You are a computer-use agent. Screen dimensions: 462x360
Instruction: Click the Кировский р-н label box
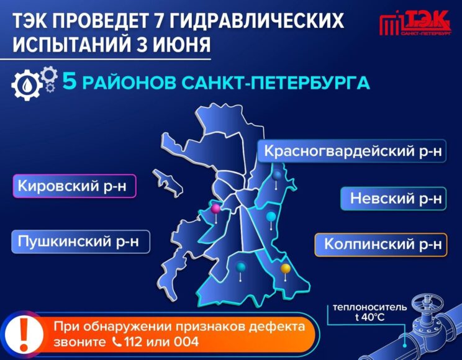pyautogui.click(x=75, y=186)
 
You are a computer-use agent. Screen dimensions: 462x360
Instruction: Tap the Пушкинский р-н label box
pyautogui.click(x=81, y=242)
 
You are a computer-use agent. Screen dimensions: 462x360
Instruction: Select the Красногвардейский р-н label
pyautogui.click(x=352, y=151)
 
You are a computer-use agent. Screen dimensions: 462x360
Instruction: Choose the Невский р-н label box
pyautogui.click(x=393, y=198)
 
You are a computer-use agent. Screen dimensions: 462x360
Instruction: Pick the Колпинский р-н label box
pyautogui.click(x=381, y=245)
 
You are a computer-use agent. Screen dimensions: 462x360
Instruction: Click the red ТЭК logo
pyautogui.click(x=415, y=23)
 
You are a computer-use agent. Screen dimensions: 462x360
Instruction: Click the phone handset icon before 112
pyautogui.click(x=117, y=342)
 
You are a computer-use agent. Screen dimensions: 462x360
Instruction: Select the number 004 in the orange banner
pyautogui.click(x=186, y=342)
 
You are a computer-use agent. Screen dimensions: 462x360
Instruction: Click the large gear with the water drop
pyautogui.click(x=27, y=85)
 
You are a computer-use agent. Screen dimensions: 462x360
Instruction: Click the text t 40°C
pyautogui.click(x=369, y=318)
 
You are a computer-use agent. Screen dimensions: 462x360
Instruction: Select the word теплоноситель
pyautogui.click(x=369, y=308)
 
